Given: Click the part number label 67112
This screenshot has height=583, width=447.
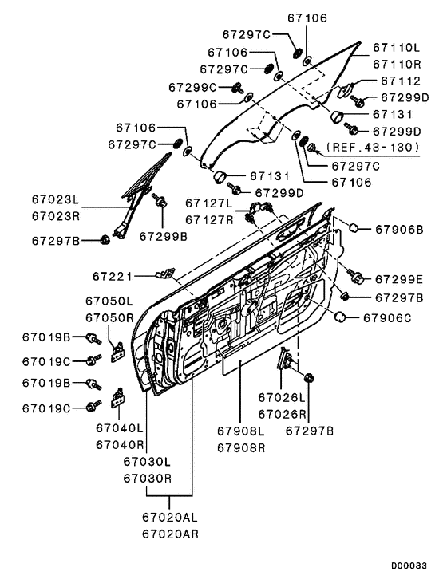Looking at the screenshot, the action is click(x=401, y=81).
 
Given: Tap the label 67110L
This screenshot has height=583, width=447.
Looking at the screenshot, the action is click(x=397, y=48).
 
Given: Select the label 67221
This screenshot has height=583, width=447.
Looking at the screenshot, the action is click(x=113, y=276).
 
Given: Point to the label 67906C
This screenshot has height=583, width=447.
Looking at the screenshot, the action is click(x=387, y=318).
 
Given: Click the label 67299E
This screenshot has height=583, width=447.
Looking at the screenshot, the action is click(x=399, y=279).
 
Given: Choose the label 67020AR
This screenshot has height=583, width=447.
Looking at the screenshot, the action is click(x=170, y=534).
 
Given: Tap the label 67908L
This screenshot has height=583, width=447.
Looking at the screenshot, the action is click(x=241, y=431).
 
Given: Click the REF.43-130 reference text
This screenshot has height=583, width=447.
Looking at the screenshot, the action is click(x=374, y=148).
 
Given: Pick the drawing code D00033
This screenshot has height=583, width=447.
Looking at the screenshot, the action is click(x=409, y=566).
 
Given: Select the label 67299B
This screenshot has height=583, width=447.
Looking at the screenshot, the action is click(x=164, y=237).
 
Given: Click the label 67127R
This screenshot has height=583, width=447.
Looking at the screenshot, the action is click(x=209, y=220).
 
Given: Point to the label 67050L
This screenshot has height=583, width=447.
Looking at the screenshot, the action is click(x=109, y=301).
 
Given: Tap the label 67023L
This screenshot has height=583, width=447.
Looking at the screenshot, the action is click(x=55, y=199).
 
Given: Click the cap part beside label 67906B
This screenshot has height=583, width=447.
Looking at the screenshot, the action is click(x=354, y=227).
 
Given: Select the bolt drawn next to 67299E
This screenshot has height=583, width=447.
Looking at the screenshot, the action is click(x=355, y=276).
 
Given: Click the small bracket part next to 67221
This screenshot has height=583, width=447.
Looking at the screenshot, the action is click(x=165, y=273).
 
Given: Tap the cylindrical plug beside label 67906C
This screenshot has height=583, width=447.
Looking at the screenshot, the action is click(x=340, y=317).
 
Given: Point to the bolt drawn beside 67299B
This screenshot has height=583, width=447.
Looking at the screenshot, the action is click(x=160, y=200).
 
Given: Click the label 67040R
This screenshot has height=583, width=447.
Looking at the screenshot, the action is click(x=120, y=445).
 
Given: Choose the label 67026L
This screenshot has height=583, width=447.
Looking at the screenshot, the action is click(x=282, y=398).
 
